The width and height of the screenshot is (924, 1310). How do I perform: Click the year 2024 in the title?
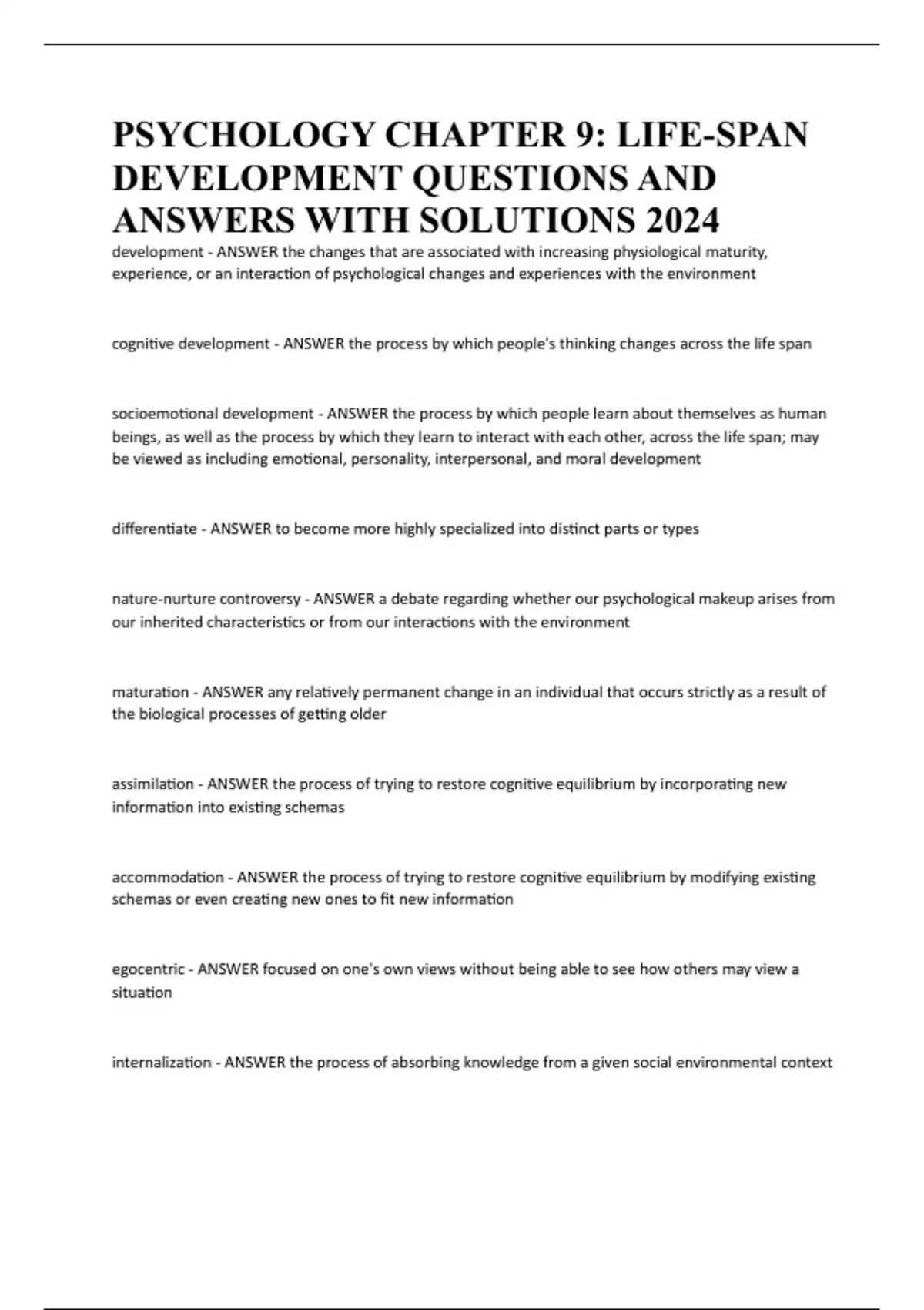pos(683,220)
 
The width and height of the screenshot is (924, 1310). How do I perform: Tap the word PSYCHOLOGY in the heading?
pos(243,135)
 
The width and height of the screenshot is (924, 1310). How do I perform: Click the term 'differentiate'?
pos(154,529)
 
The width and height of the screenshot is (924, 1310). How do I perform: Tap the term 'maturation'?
pos(150,692)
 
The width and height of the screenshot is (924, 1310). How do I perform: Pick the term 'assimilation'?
pos(152,784)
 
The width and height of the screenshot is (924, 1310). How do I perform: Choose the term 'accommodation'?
pos(168,877)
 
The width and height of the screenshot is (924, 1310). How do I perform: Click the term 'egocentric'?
pos(148,969)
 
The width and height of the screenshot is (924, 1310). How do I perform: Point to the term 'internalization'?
pos(162,1063)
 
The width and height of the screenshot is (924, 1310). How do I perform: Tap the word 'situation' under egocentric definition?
pos(142,993)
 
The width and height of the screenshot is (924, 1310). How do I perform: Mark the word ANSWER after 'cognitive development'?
pos(313,344)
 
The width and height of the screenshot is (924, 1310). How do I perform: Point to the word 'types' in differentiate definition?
pos(681,529)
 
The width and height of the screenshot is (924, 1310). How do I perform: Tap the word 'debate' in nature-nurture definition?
pos(413,599)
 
